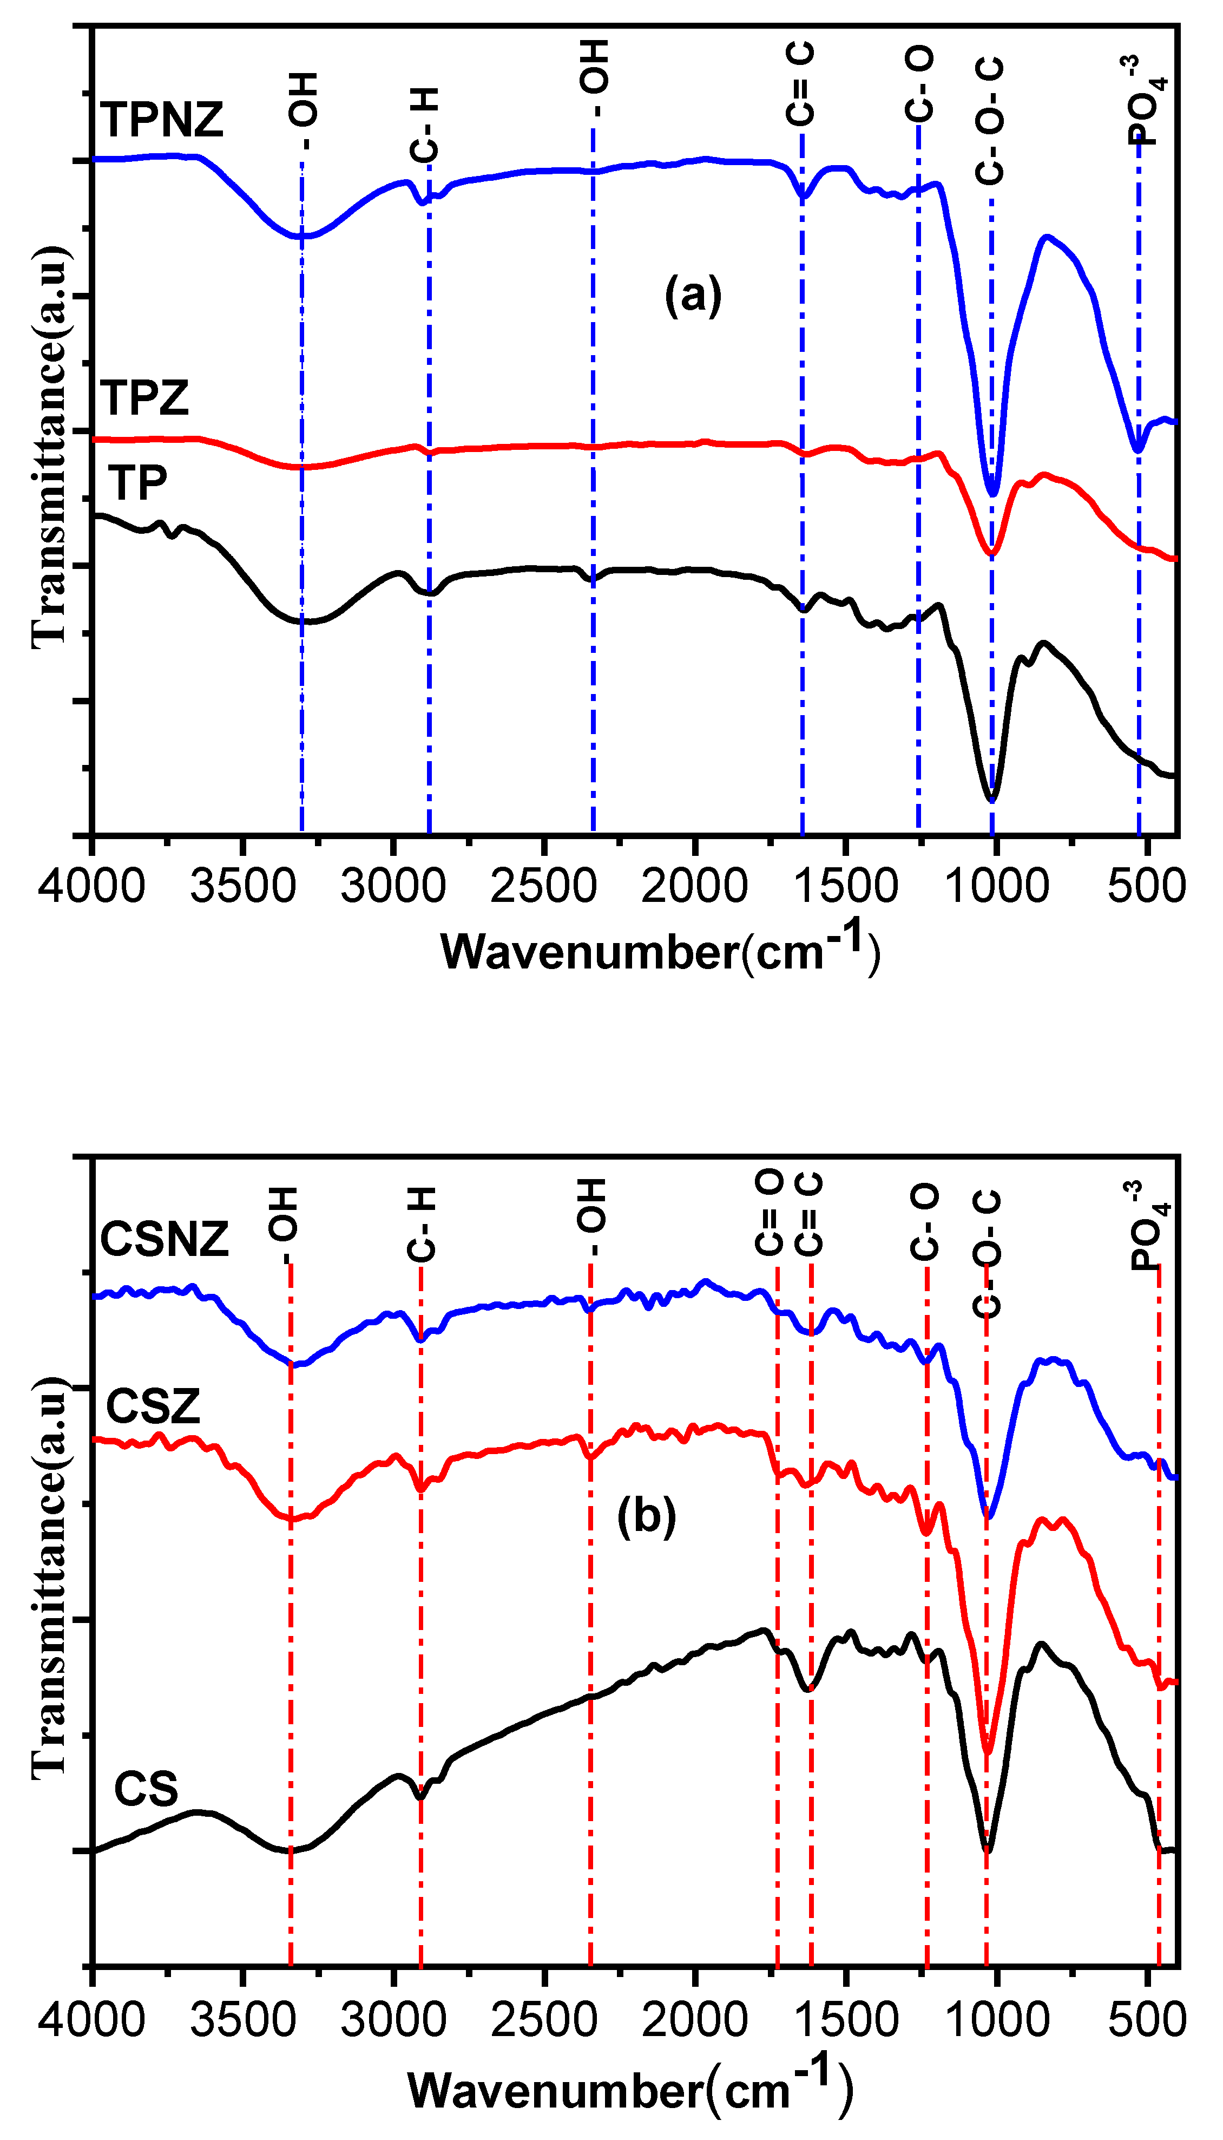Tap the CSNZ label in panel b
point(164,1239)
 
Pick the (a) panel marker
point(693,296)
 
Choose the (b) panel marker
point(646,1516)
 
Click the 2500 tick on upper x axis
point(543,886)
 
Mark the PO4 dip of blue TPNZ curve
point(1138,449)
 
